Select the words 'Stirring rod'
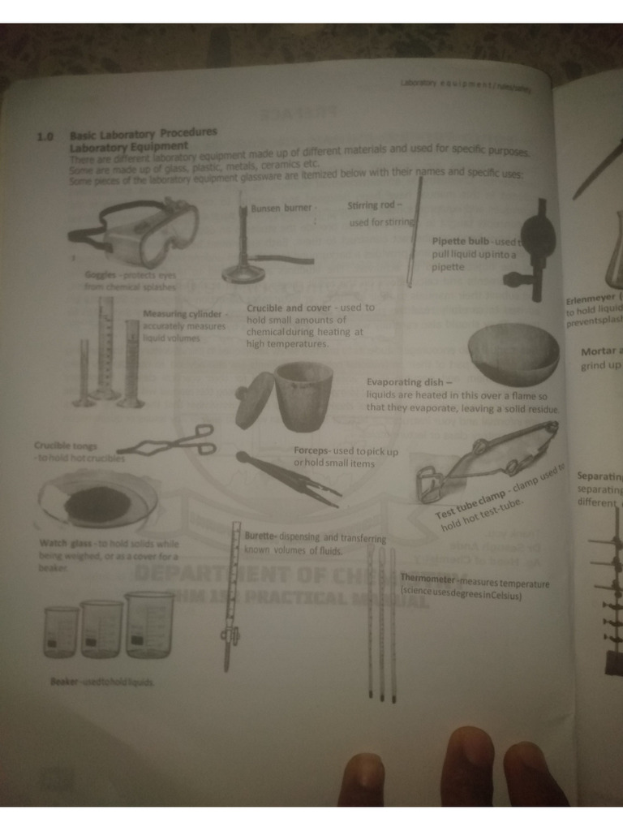click(370, 205)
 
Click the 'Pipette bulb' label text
click(460, 241)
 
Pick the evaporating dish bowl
click(513, 353)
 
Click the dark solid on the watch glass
click(97, 505)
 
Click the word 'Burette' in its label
click(260, 536)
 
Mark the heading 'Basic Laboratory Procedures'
click(144, 134)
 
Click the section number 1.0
click(45, 137)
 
